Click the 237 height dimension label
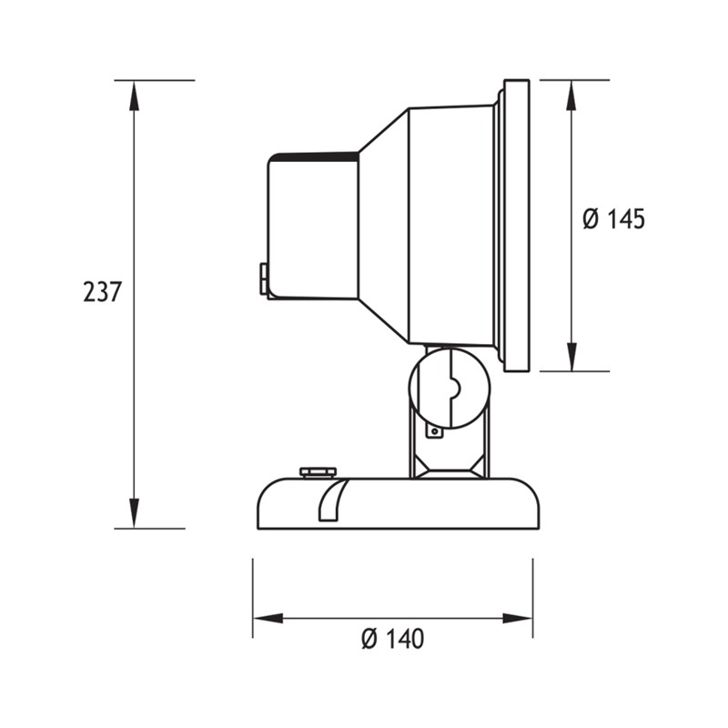coord(102,292)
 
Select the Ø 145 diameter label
coord(612,219)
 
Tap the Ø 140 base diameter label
coord(392,640)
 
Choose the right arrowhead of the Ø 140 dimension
coord(520,619)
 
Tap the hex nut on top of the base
coord(318,471)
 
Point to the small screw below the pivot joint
coord(436,431)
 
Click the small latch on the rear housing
coord(264,279)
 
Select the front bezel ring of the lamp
coord(515,226)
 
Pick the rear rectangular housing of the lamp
coord(312,226)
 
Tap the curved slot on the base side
coord(329,500)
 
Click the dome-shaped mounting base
coord(428,505)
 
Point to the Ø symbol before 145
coord(590,219)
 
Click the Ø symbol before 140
coord(369,640)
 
